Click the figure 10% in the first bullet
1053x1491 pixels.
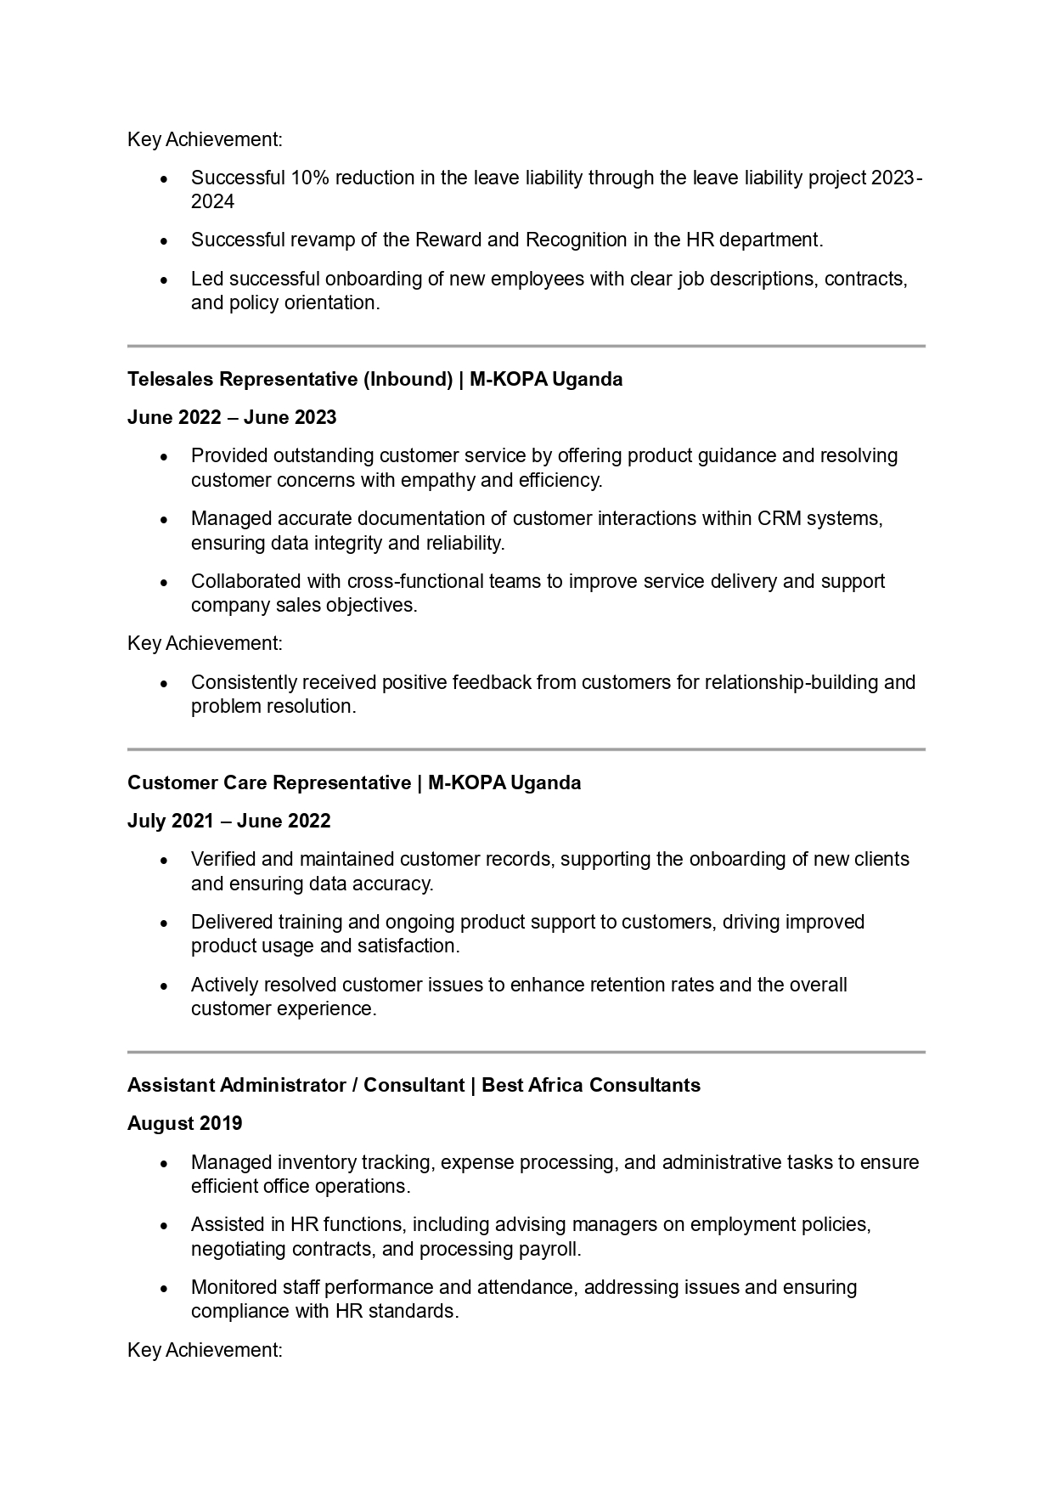coord(310,178)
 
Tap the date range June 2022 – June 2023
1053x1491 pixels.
coord(232,417)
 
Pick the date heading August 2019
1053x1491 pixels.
coord(184,1123)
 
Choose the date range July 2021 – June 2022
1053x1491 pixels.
coord(229,821)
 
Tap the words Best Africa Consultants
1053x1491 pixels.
coord(591,1085)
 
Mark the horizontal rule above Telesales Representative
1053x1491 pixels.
coord(526,346)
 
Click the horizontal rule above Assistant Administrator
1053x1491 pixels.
coord(526,1052)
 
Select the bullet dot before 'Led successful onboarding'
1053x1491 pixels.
coord(164,280)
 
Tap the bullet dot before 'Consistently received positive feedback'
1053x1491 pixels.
coord(164,684)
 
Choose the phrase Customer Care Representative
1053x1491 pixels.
coord(269,782)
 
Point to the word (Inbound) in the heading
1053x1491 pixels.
coord(408,379)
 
